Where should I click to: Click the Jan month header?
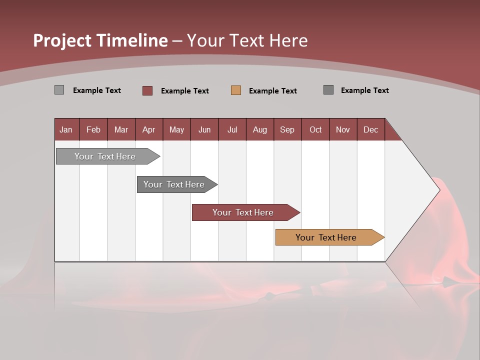[66, 129]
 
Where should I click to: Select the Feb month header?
[93, 129]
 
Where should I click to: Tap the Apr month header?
[149, 129]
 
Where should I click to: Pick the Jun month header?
[204, 129]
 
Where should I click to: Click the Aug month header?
[260, 129]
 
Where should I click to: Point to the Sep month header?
[287, 129]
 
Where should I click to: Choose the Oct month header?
[315, 129]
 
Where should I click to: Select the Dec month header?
[371, 129]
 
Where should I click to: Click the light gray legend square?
[59, 90]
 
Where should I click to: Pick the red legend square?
[147, 90]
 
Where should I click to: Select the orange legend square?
[236, 90]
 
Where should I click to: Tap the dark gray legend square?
[328, 90]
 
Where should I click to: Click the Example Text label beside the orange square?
[273, 90]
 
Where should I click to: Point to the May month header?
[176, 129]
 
